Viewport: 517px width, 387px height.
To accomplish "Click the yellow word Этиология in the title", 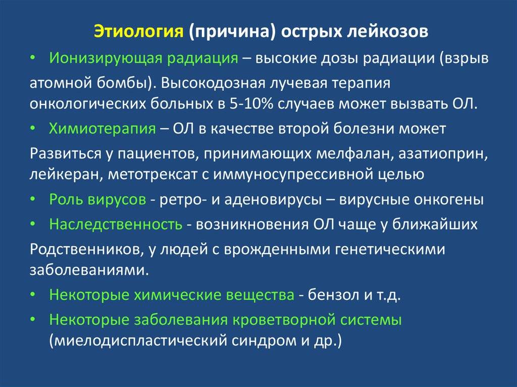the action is point(138,32).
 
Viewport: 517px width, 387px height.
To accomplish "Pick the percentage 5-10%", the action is point(250,104).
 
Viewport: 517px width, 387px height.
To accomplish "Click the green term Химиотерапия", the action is point(102,129).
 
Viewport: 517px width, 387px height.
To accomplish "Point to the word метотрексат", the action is point(152,175).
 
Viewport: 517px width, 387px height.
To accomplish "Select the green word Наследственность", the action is point(116,225).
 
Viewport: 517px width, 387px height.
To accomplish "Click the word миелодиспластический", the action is point(138,341).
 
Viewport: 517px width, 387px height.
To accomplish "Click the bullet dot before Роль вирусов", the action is point(32,200).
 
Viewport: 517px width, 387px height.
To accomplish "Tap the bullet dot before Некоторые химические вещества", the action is point(32,295).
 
